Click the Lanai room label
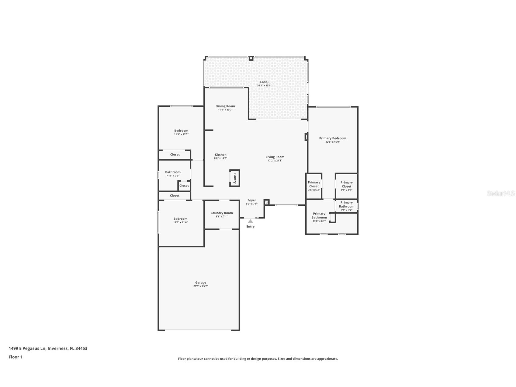pos(264,82)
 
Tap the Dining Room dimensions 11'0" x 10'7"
pos(225,110)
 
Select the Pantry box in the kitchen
pos(234,178)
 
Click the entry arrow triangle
pos(250,221)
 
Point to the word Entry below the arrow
pos(250,227)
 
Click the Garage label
pos(200,283)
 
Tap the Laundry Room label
pos(221,213)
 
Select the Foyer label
pos(251,200)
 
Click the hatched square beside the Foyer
pos(266,202)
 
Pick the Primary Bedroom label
pos(332,138)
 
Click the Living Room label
pos(275,157)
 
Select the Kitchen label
pos(220,155)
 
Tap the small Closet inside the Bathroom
pos(184,186)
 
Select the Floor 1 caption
pos(16,357)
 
